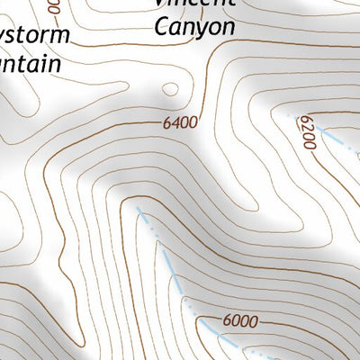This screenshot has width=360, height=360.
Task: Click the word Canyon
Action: tap(194, 27)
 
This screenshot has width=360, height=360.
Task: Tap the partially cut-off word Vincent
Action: tap(194, 3)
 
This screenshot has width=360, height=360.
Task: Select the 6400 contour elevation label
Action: tap(180, 123)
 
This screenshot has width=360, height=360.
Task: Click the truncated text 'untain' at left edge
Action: tap(30, 65)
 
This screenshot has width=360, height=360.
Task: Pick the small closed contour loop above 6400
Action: tap(169, 88)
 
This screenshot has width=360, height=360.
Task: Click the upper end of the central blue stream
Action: tap(139, 209)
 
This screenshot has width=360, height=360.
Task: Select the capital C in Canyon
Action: tap(162, 27)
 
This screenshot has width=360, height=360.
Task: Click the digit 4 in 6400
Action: tap(175, 123)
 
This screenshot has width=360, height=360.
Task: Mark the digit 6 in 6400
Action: tap(166, 123)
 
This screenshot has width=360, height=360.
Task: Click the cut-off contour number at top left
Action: tap(51, 7)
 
